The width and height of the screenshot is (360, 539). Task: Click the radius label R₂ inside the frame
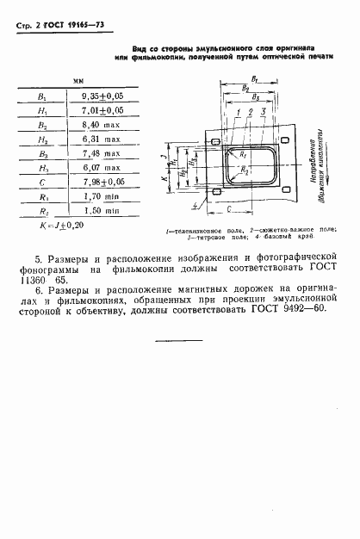[x=245, y=171]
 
